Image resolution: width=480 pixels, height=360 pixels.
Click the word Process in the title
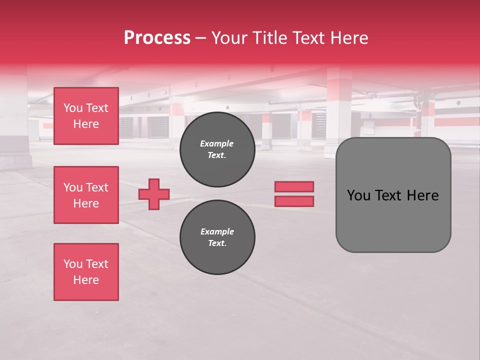click(157, 38)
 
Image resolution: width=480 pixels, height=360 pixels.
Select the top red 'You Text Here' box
click(86, 116)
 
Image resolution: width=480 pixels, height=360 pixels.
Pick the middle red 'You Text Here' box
click(86, 195)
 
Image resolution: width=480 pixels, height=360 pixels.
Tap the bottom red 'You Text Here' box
click(86, 272)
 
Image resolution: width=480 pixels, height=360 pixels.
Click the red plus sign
click(154, 194)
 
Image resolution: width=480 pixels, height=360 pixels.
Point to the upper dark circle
click(217, 149)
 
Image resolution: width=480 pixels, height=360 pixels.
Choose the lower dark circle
click(217, 237)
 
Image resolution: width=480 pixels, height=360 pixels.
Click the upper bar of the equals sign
click(294, 187)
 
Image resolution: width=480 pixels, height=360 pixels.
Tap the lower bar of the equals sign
click(294, 201)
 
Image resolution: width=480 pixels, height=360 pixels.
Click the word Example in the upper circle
click(216, 143)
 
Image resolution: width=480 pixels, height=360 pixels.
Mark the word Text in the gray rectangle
click(388, 195)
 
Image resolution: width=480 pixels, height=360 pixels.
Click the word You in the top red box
click(73, 108)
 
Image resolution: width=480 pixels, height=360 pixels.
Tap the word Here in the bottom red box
click(86, 280)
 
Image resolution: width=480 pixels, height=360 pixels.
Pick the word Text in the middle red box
click(97, 187)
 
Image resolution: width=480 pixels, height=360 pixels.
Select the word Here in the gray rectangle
click(422, 195)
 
